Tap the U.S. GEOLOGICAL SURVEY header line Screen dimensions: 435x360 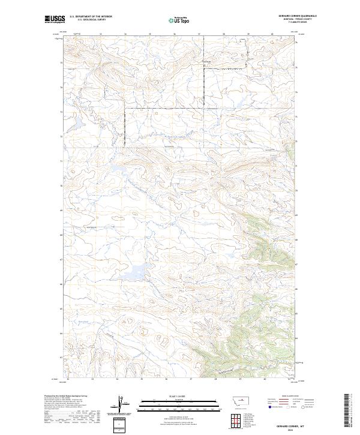pyautogui.click(x=91, y=20)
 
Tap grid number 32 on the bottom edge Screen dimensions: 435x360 pyautogui.click(x=68, y=379)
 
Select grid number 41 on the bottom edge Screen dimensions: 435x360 pyautogui.click(x=289, y=379)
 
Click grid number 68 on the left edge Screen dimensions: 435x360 pyautogui.click(x=61, y=235)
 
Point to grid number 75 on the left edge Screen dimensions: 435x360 pyautogui.click(x=61, y=62)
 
